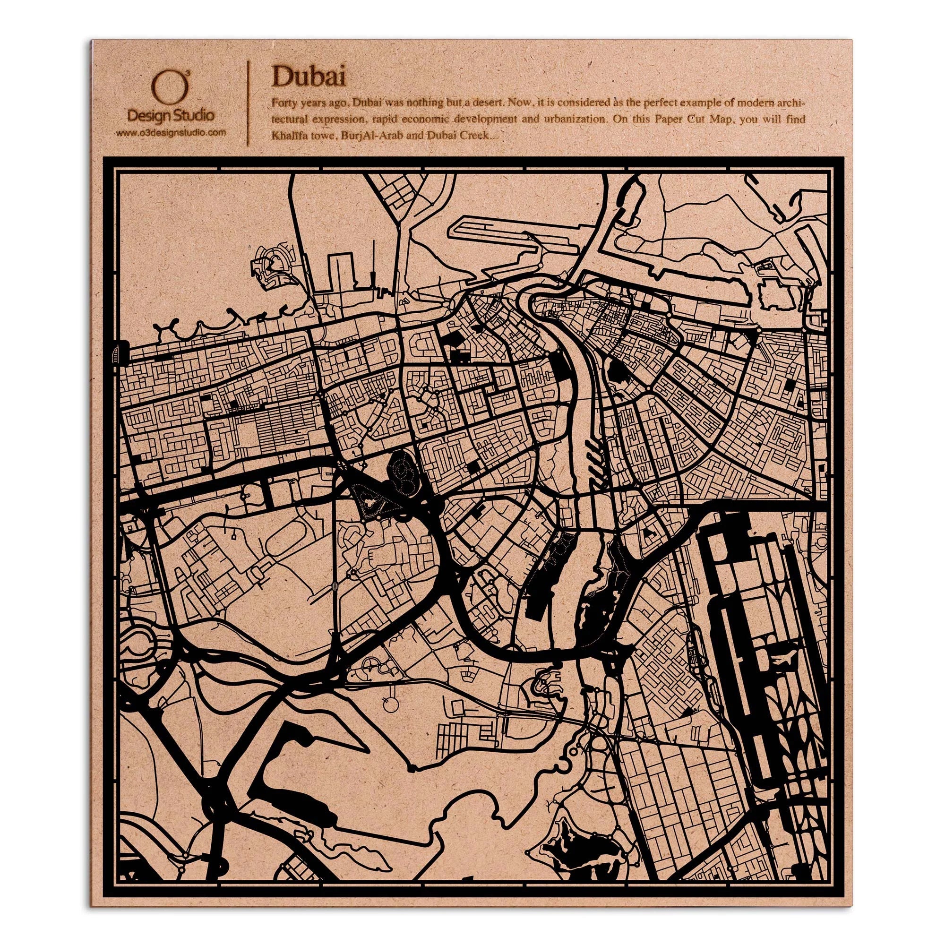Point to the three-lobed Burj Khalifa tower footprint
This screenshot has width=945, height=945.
click(369, 500)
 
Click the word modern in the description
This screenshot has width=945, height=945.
click(762, 103)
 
